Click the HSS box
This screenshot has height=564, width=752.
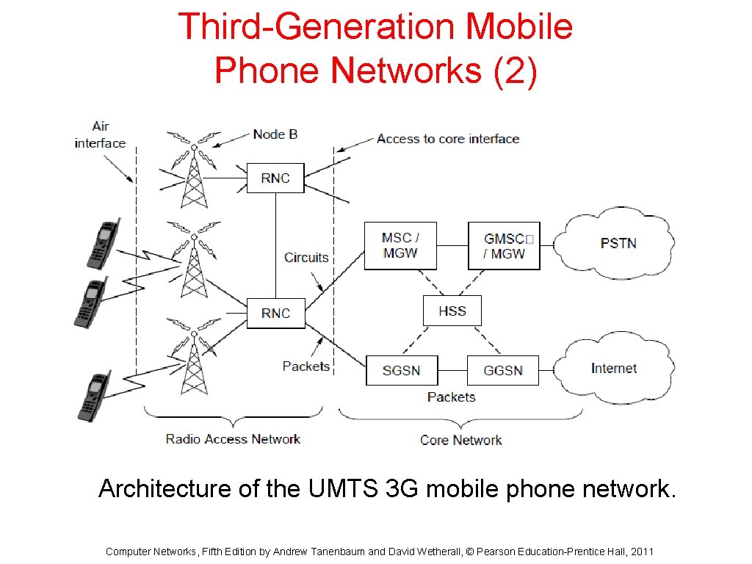point(452,311)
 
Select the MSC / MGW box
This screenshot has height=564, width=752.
point(400,245)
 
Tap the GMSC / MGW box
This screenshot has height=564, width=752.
point(504,245)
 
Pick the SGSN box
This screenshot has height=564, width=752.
point(402,370)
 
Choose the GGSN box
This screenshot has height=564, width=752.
point(503,370)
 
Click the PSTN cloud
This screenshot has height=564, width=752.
point(618,243)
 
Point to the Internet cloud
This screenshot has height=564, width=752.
point(614,369)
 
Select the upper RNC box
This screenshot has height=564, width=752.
point(275,178)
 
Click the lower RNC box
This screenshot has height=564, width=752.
point(275,313)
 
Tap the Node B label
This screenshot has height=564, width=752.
point(275,134)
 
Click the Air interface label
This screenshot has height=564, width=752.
point(100,134)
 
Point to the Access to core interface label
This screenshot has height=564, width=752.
point(448,138)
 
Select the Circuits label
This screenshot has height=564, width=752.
point(306,257)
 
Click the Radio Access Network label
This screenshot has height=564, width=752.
point(233,439)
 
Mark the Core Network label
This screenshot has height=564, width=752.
point(460,440)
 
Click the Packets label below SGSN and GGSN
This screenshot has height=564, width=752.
point(451,397)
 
